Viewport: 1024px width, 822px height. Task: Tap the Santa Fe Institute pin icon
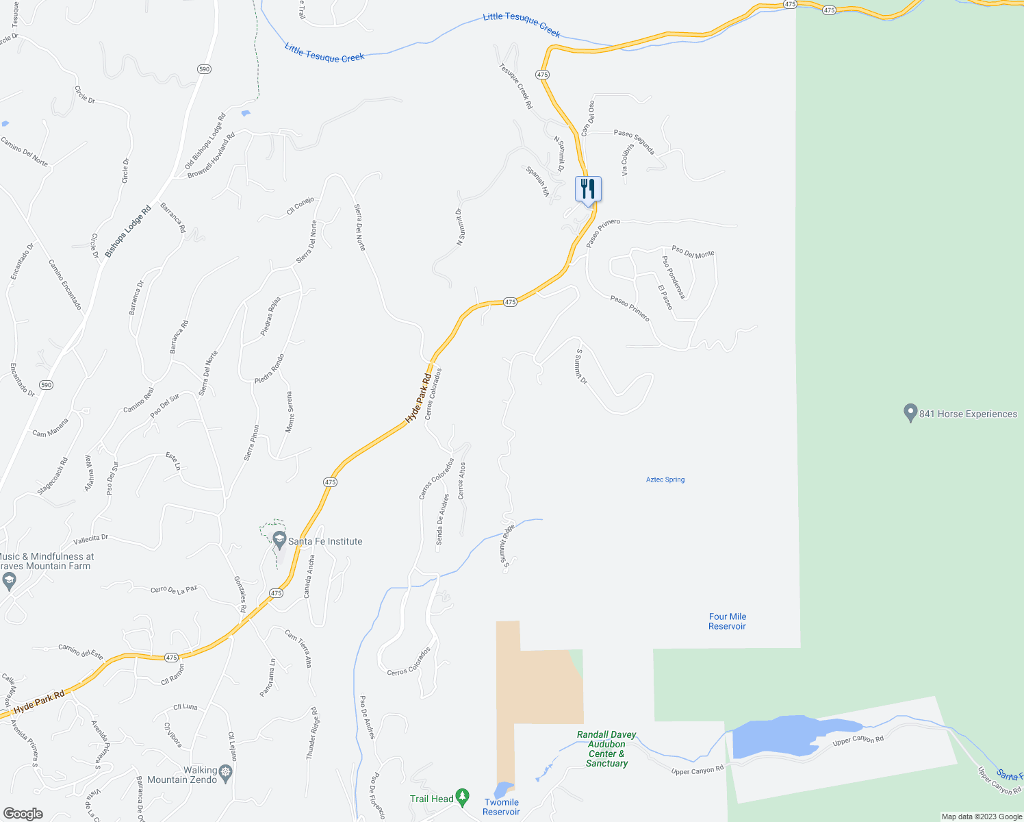click(279, 540)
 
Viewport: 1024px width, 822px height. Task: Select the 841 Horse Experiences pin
click(910, 413)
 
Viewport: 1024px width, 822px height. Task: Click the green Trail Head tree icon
click(463, 797)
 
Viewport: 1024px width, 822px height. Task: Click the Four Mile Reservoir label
click(727, 621)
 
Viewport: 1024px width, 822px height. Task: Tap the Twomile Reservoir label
click(501, 807)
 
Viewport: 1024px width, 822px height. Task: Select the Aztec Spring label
click(665, 480)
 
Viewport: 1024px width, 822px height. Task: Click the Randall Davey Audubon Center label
click(606, 749)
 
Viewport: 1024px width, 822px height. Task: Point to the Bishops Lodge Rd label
click(129, 227)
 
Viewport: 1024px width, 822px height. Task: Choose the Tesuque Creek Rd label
click(515, 86)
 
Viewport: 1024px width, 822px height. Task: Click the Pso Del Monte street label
click(693, 252)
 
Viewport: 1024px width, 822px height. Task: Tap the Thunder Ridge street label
click(312, 734)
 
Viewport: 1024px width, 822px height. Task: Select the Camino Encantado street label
click(65, 284)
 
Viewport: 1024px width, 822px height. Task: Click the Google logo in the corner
click(23, 814)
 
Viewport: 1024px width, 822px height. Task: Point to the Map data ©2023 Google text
click(982, 817)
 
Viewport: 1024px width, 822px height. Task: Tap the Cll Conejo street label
click(300, 206)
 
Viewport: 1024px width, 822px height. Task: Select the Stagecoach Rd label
click(53, 476)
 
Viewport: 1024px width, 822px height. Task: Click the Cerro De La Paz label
click(174, 589)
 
